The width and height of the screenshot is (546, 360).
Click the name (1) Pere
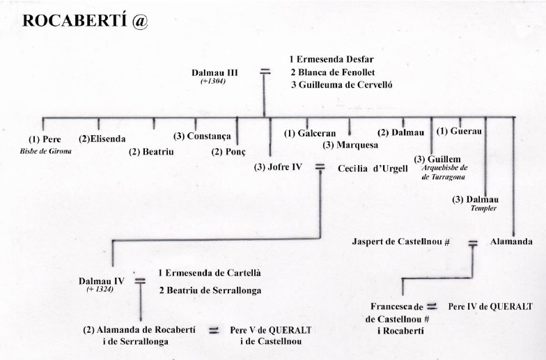point(45,139)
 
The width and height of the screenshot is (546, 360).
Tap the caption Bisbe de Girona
point(45,150)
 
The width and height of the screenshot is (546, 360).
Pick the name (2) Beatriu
point(151,151)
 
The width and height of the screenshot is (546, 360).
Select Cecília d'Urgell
point(373,168)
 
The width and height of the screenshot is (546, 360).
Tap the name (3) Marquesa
point(350,146)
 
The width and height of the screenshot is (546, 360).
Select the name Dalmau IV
point(102,281)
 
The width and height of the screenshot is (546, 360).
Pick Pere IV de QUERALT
point(490,306)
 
